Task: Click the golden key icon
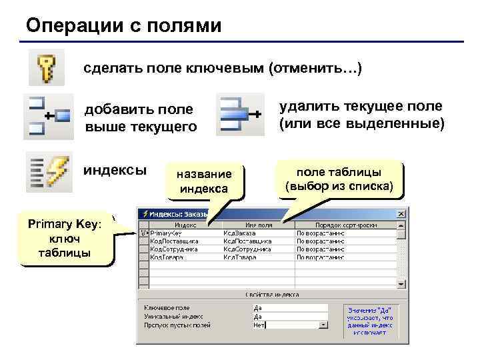point(45,67)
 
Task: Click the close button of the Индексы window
point(401,214)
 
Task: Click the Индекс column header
point(181,225)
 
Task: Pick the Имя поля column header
point(257,225)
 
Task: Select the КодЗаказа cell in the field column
point(241,233)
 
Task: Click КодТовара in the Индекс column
point(167,257)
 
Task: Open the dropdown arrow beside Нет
point(323,325)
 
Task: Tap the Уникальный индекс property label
point(173,317)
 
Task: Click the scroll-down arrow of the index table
point(401,283)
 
